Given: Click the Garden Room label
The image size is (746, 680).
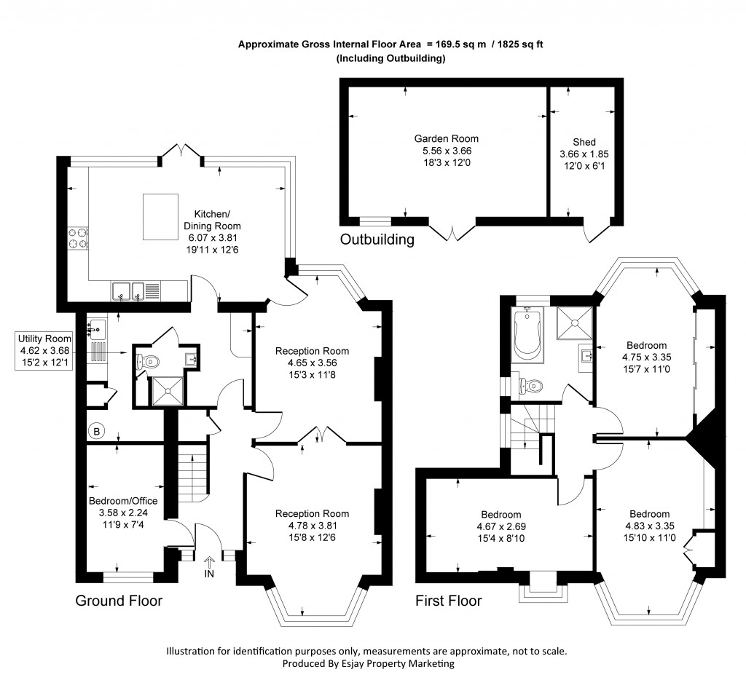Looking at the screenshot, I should pyautogui.click(x=447, y=138).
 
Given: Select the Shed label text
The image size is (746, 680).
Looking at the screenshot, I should pyautogui.click(x=584, y=142).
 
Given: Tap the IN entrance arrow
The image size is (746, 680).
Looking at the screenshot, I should pyautogui.click(x=209, y=563).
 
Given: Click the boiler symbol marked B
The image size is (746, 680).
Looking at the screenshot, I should pyautogui.click(x=96, y=431).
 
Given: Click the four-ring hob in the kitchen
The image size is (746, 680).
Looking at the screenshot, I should pyautogui.click(x=78, y=238).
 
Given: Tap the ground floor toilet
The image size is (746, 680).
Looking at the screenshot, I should pyautogui.click(x=148, y=360).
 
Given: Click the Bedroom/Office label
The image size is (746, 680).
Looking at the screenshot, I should pyautogui.click(x=123, y=501).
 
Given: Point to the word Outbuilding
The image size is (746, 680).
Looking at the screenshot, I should pyautogui.click(x=377, y=239).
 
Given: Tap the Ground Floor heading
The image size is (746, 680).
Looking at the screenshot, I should pyautogui.click(x=119, y=601).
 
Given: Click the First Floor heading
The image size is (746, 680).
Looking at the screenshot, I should pyautogui.click(x=448, y=601).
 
